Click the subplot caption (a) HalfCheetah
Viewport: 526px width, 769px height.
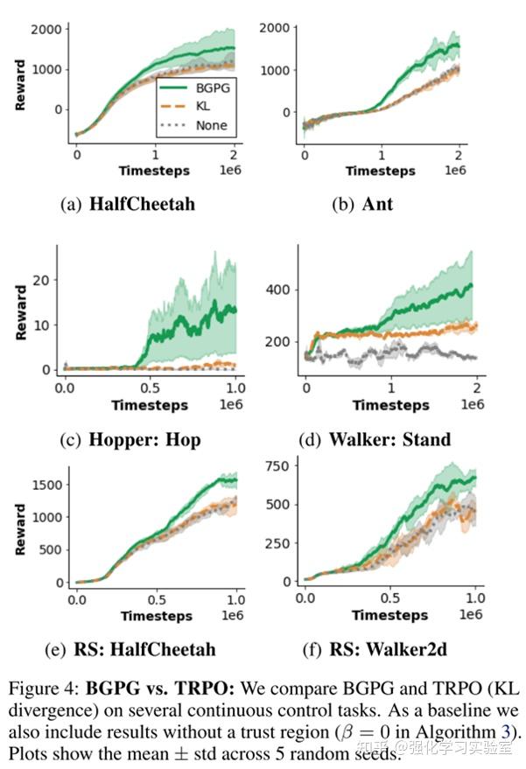[x=128, y=205]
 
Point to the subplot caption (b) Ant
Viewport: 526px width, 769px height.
[x=363, y=205]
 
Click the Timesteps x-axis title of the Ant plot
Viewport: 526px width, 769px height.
[x=381, y=171]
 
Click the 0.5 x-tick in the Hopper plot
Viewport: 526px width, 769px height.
[x=149, y=387]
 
